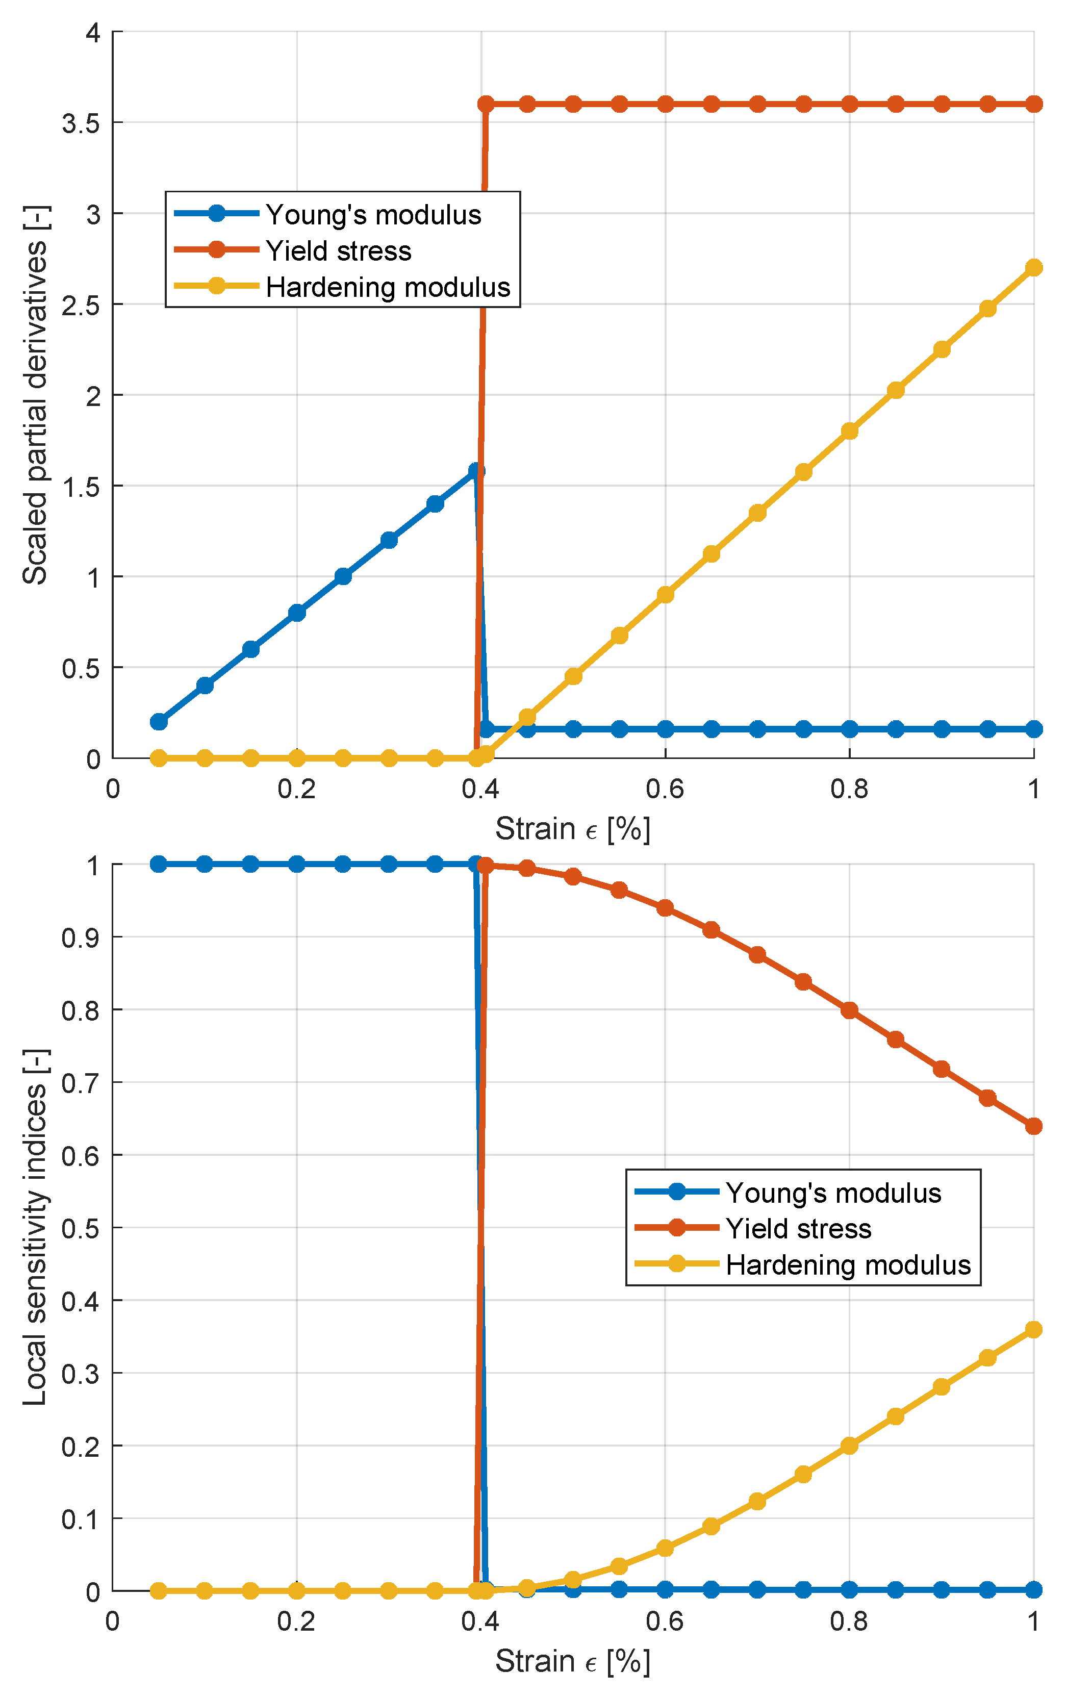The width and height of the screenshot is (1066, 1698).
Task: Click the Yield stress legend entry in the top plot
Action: [x=338, y=251]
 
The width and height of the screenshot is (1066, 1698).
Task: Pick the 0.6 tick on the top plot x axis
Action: [x=664, y=789]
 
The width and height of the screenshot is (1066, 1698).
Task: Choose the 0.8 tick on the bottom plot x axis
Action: [x=848, y=1621]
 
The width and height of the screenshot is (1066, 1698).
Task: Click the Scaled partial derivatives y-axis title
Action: [x=35, y=395]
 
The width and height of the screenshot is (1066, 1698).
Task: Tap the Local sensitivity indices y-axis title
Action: [x=35, y=1227]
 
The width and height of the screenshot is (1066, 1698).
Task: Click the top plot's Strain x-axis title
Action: [x=572, y=829]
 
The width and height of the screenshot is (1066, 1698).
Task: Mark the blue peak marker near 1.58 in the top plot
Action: [x=476, y=470]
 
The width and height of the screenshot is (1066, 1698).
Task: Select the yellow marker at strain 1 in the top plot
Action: [x=1033, y=267]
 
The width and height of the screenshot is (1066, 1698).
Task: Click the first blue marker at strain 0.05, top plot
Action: [x=159, y=721]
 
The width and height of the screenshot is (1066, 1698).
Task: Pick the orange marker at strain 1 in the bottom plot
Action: [x=1033, y=1126]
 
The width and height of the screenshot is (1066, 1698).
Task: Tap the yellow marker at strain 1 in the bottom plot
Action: [x=1033, y=1329]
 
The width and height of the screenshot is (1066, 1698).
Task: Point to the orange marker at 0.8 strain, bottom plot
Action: [x=849, y=1010]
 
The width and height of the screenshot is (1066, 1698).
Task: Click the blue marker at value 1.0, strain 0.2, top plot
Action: [x=343, y=576]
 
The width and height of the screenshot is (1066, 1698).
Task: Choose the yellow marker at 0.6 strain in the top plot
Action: [x=665, y=594]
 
